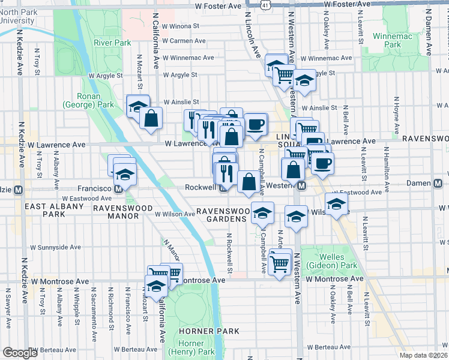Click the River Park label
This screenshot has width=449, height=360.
tap(112, 43)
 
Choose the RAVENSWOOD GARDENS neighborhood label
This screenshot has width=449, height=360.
tap(223, 215)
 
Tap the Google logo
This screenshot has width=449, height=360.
tap(20, 353)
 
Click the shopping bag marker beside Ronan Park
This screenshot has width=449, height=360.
tap(151, 117)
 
